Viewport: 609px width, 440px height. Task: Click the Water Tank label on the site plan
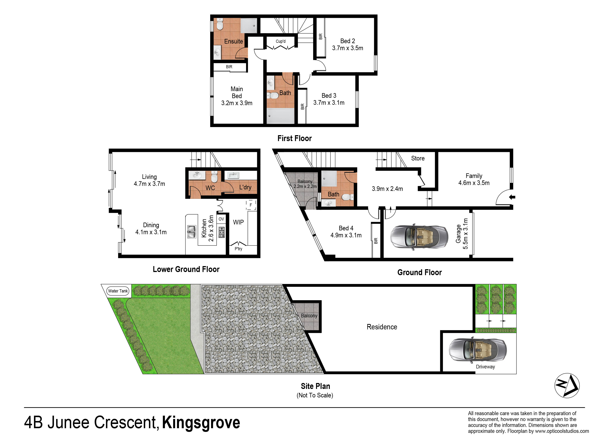point(118,291)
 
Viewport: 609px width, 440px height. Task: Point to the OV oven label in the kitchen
point(221,219)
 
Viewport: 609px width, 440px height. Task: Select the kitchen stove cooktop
point(222,232)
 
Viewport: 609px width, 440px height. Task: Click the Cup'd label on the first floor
point(281,41)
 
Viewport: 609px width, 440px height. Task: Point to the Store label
point(418,158)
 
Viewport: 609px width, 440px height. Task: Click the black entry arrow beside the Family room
point(512,197)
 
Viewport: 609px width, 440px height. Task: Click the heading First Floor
point(295,138)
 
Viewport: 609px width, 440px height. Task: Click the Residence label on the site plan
point(382,327)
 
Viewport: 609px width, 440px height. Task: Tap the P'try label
point(238,249)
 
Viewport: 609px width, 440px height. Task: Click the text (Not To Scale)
point(315,395)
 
